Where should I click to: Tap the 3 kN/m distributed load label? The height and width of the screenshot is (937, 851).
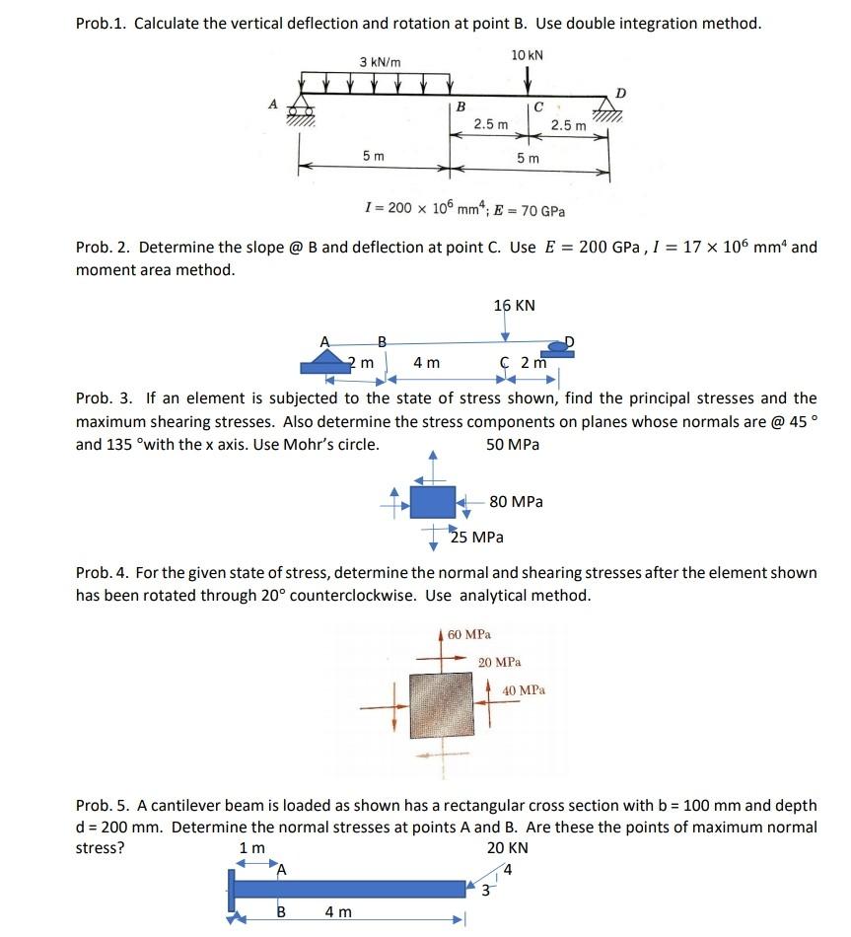[380, 62]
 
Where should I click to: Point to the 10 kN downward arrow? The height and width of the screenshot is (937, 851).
[529, 78]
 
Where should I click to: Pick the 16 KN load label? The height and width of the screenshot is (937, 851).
[514, 305]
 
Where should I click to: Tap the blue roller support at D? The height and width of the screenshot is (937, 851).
[560, 346]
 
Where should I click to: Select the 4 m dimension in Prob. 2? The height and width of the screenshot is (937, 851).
[426, 363]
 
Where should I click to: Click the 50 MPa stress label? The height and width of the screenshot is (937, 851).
[513, 444]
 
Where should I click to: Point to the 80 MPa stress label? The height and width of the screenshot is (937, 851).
[516, 502]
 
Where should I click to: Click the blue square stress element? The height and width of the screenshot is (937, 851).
[433, 501]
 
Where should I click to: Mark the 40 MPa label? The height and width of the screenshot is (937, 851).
[524, 690]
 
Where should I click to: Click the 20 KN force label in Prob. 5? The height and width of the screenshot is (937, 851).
[507, 848]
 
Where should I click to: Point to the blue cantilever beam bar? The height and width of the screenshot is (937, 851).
[349, 889]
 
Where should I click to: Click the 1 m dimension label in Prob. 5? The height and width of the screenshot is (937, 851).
[252, 848]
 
